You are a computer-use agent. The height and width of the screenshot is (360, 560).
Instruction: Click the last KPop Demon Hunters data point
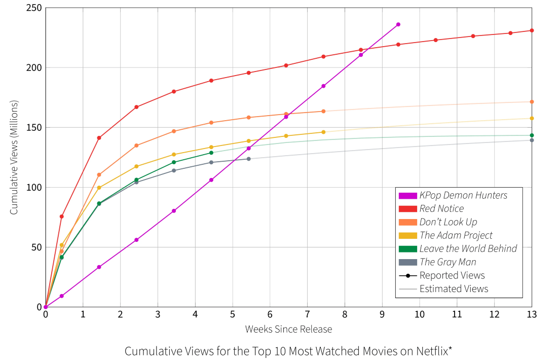[x=398, y=24]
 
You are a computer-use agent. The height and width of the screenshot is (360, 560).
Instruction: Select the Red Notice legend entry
[x=441, y=208]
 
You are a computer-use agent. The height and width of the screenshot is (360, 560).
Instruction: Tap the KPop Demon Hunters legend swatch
[x=408, y=195]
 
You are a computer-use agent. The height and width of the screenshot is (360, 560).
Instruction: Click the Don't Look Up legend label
[x=448, y=222]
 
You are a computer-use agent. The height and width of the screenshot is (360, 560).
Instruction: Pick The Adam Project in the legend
[x=456, y=235]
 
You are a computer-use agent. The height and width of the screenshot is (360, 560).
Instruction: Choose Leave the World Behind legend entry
[x=468, y=248]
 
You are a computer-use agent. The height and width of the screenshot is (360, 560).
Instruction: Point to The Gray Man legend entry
[x=447, y=262]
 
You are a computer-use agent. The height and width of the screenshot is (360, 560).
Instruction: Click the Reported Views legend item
[x=452, y=275]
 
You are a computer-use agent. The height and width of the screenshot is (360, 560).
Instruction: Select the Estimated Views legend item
[x=454, y=289]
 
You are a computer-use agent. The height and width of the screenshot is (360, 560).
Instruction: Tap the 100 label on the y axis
[x=34, y=188]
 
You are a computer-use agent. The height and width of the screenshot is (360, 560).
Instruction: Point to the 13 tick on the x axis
[x=532, y=314]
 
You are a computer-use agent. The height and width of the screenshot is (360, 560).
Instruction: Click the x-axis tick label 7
[x=307, y=314]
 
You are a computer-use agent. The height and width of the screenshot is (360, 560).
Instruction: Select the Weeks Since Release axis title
[x=288, y=330]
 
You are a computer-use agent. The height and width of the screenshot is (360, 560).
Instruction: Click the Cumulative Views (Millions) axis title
[x=14, y=157]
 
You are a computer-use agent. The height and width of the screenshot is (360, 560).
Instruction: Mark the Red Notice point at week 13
[x=532, y=30]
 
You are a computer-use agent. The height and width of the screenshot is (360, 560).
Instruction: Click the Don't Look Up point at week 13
[x=532, y=102]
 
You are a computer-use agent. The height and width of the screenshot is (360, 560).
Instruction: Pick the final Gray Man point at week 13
[x=532, y=140]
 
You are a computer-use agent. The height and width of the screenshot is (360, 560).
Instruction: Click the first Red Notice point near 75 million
[x=62, y=217]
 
